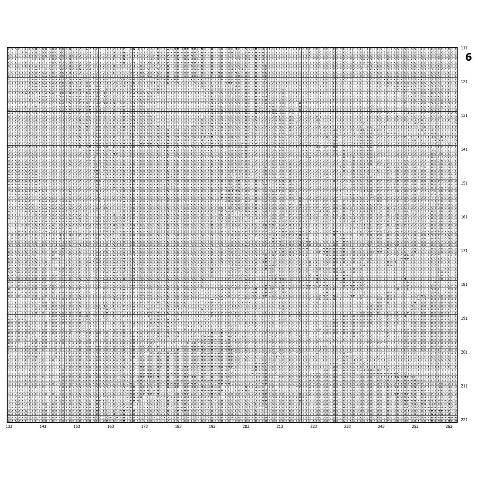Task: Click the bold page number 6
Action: tap(468, 57)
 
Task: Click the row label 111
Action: tap(464, 48)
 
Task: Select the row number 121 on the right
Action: tap(464, 82)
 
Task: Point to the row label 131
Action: tap(464, 116)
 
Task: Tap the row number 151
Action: tap(464, 183)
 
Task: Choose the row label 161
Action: tap(464, 217)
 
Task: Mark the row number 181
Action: tap(464, 284)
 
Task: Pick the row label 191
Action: tap(464, 318)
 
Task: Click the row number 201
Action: tap(464, 352)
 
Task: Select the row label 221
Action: tap(464, 420)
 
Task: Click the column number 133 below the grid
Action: tap(9, 426)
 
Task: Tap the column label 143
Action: tap(43, 426)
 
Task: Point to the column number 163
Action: tap(110, 426)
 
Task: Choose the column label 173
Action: tap(144, 426)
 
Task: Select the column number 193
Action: tap(212, 426)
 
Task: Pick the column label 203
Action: tap(246, 426)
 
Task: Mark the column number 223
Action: tap(314, 426)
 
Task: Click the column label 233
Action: tap(348, 426)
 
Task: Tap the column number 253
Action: tap(415, 426)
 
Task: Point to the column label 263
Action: tap(449, 426)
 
